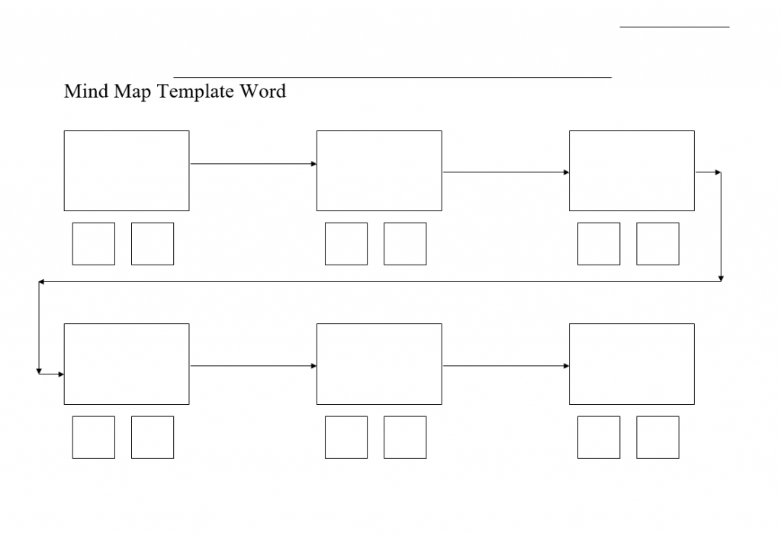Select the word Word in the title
(x=263, y=91)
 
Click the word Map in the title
(x=133, y=92)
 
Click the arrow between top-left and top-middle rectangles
(x=253, y=164)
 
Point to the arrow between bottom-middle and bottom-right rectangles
(x=506, y=366)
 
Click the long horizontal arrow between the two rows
(x=380, y=282)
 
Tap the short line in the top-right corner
(x=674, y=27)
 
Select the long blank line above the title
(x=393, y=77)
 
